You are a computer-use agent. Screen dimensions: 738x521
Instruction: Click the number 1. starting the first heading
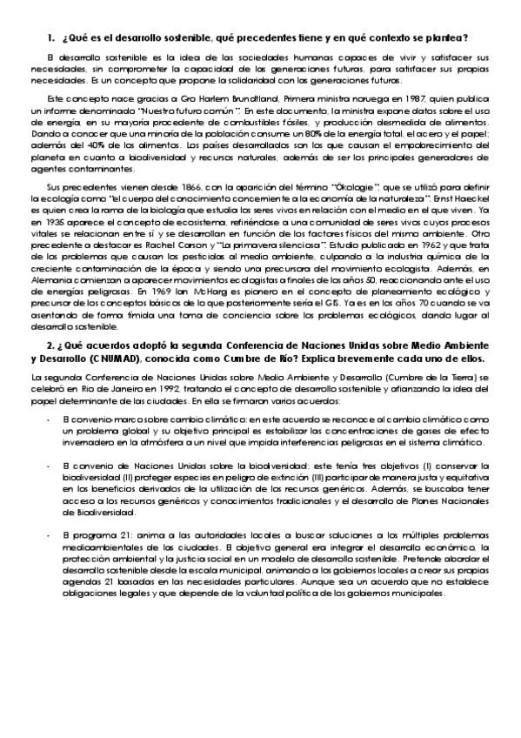point(50,37)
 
